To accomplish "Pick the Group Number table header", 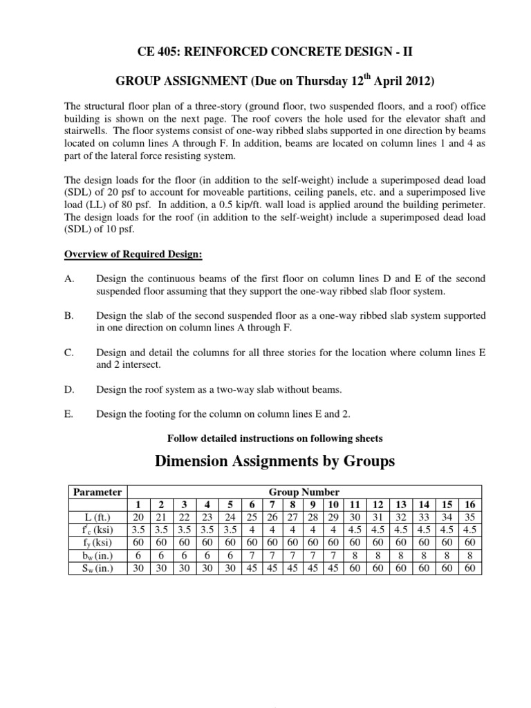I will point(304,492).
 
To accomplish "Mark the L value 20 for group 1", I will point(138,517).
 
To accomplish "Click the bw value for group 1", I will point(138,555).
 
